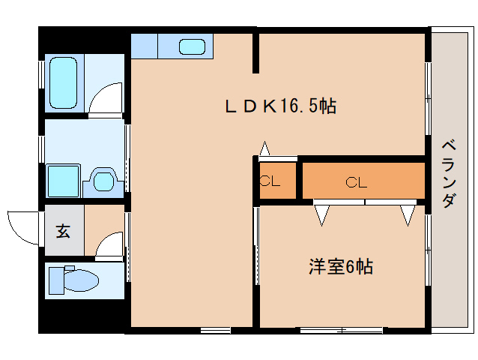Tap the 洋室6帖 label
click(x=340, y=265)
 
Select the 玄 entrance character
click(x=63, y=231)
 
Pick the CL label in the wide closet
click(x=356, y=181)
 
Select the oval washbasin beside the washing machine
click(x=103, y=180)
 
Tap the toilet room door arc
click(x=108, y=243)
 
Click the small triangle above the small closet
click(x=264, y=149)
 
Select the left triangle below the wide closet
click(x=322, y=214)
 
